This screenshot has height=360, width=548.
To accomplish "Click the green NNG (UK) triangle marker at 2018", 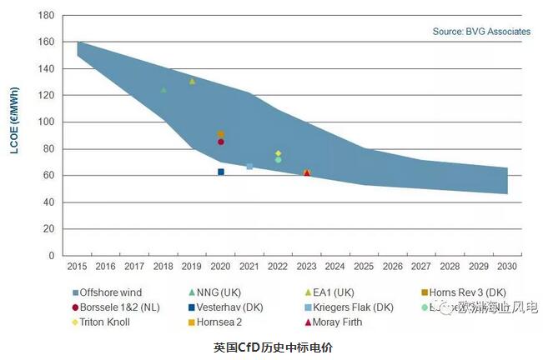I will [163, 89].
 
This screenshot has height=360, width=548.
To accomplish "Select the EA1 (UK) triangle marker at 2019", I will [192, 82].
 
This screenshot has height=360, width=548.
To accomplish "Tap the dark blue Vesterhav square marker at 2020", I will [221, 172].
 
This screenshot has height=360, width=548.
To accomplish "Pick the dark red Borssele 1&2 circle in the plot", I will [221, 142].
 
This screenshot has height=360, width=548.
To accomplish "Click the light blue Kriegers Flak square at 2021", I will [249, 167].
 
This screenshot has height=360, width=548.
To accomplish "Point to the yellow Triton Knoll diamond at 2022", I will [279, 153].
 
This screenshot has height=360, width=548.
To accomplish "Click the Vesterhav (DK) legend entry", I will [229, 307].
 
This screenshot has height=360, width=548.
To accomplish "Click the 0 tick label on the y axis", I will [52, 256].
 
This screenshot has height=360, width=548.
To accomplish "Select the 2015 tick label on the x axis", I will [77, 267].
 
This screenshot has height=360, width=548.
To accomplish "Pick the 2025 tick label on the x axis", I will [364, 267].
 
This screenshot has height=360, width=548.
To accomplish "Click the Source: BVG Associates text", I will [481, 32].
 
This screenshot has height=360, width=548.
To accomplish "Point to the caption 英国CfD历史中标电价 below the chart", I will [273, 346].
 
